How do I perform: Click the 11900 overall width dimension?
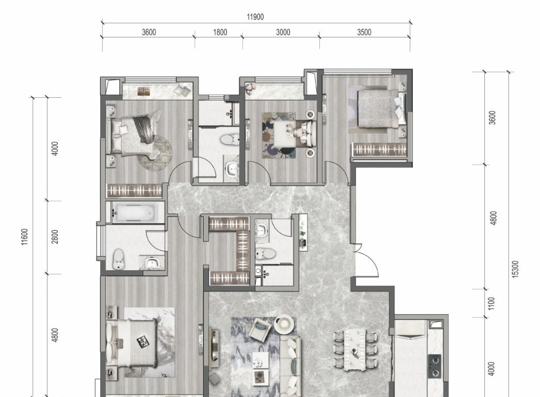tap(255, 17)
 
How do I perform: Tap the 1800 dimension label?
tap(220, 32)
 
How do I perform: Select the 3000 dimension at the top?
tap(283, 32)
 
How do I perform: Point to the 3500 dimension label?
tap(364, 32)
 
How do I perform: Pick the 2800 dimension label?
tap(55, 237)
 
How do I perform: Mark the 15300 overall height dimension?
tap(515, 269)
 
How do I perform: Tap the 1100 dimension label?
tap(491, 303)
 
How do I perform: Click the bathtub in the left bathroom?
tap(135, 212)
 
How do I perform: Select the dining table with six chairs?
tap(356, 350)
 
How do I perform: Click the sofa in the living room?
tap(290, 365)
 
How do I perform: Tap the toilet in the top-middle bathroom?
tap(228, 140)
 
